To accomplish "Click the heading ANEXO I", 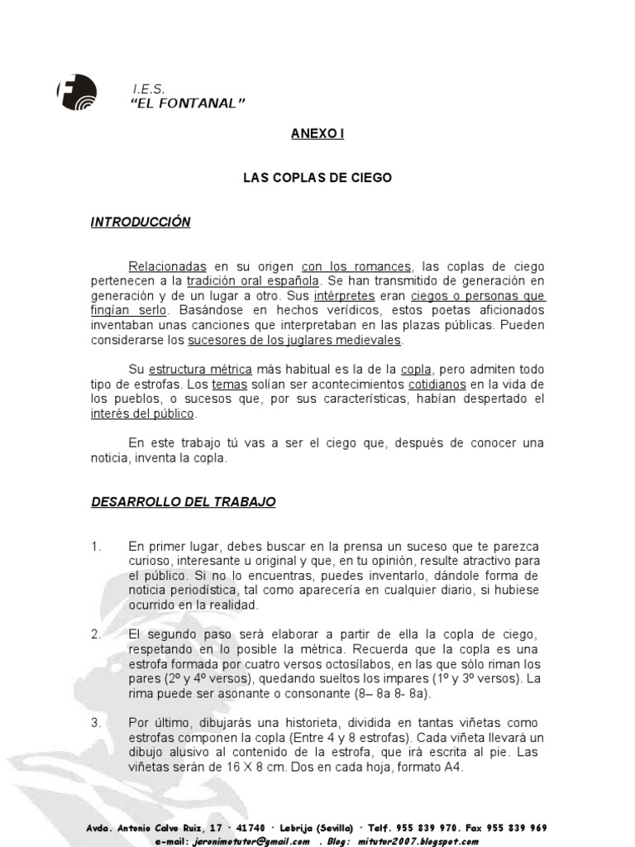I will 317,134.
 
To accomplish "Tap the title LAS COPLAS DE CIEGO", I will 317,178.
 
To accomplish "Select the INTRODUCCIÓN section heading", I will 141,222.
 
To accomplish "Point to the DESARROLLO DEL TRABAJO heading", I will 183,502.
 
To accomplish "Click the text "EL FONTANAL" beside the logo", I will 189,103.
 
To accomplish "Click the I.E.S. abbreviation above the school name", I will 149,88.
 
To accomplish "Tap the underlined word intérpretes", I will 344,296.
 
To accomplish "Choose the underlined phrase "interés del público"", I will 142,414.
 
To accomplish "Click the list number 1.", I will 96,547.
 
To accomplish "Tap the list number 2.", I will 96,634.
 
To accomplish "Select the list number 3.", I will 96,722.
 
